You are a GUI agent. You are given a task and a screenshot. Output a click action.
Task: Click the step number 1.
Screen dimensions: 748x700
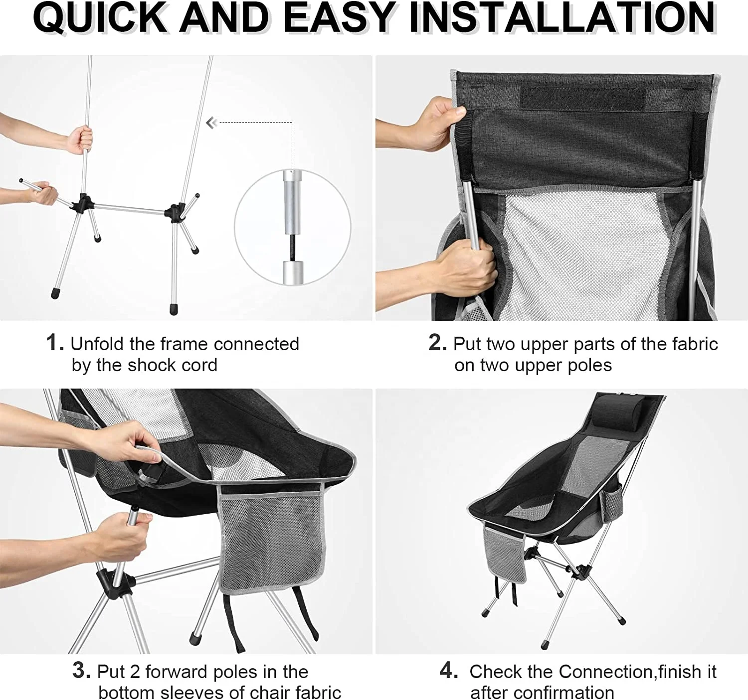click(55, 343)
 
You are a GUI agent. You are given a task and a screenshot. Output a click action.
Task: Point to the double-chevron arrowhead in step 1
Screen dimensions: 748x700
click(212, 123)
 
